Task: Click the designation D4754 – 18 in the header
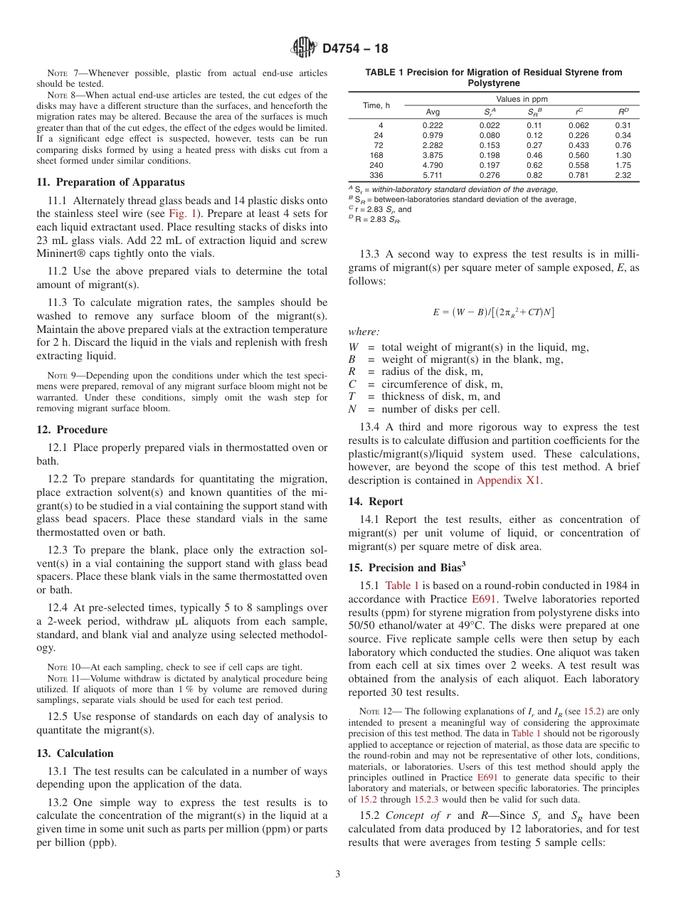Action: pos(355,49)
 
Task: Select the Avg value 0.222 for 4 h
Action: pos(432,125)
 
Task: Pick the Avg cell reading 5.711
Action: pos(432,174)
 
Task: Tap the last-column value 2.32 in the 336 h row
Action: pos(623,174)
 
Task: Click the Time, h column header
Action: pos(376,105)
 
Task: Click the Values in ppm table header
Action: pos(522,99)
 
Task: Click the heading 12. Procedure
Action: pos(72,430)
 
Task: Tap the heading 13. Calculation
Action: pos(75,753)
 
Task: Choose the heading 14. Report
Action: pos(376,502)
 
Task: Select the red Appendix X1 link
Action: pos(509,480)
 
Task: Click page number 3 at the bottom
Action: pos(338,874)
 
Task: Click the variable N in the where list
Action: pos(352,409)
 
